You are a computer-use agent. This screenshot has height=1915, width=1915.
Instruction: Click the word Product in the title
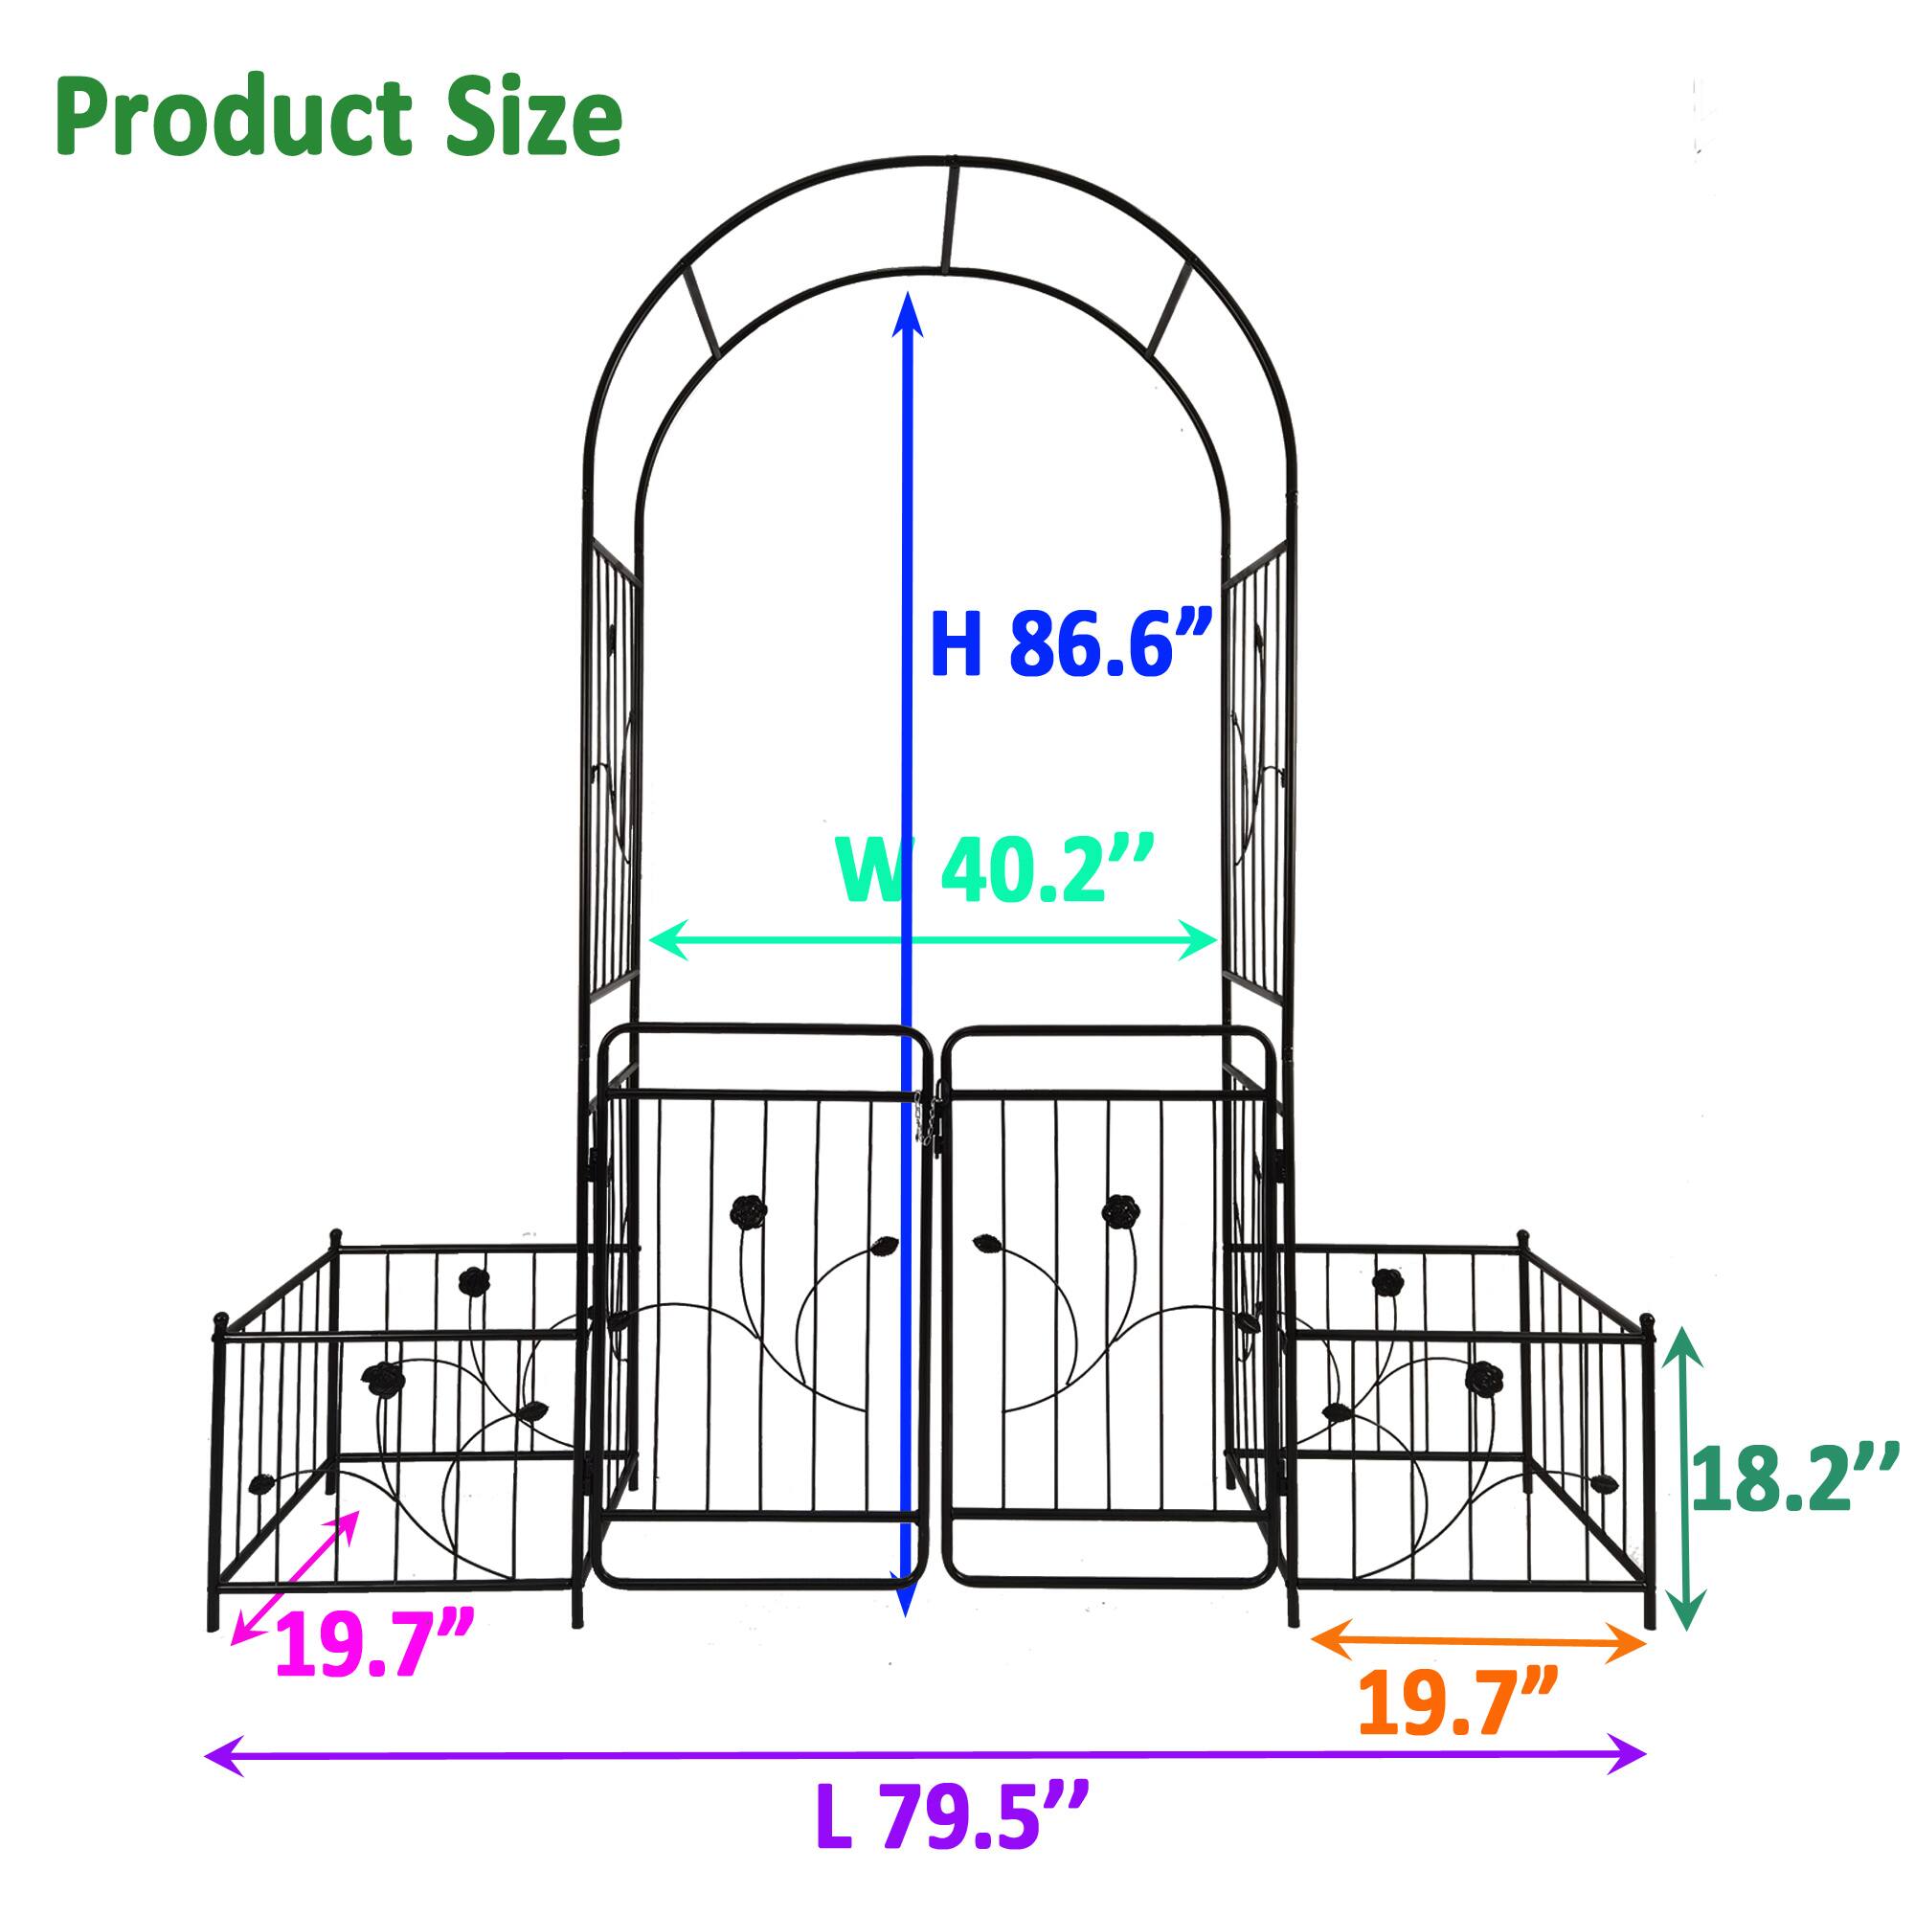[233, 119]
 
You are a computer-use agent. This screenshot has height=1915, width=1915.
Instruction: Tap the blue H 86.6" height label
[1070, 644]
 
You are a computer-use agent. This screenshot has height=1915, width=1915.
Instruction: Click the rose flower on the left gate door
[748, 1210]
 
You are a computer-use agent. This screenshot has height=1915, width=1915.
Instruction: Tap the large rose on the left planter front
[379, 1377]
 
